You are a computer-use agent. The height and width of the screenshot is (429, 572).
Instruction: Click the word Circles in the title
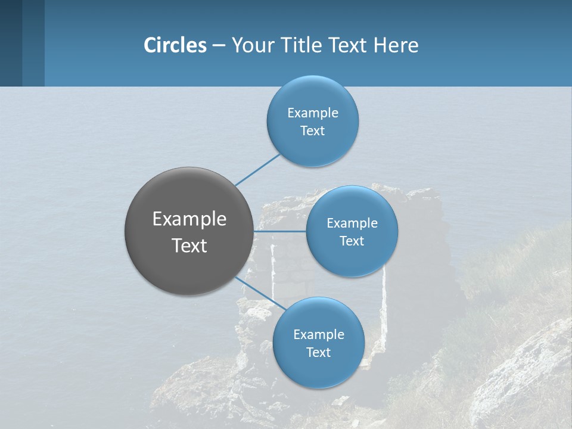pos(175,45)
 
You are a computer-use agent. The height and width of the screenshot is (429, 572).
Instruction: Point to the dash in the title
pos(219,46)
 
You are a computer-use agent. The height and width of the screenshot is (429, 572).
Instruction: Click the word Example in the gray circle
pos(189,219)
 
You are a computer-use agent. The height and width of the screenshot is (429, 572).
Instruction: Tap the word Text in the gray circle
pos(189,245)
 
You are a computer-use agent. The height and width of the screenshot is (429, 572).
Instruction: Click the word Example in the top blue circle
pos(313,113)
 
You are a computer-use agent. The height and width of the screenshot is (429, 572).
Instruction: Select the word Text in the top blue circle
pos(313,131)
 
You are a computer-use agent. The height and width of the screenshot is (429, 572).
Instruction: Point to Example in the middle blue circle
pos(352,223)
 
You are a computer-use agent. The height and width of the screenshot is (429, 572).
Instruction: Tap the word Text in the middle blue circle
pos(352,241)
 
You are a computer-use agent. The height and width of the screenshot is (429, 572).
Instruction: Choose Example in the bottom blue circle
pos(319,335)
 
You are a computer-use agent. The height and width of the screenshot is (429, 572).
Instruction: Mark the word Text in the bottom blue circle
pos(319,353)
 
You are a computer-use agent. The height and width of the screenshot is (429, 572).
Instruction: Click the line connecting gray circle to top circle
pos(257,170)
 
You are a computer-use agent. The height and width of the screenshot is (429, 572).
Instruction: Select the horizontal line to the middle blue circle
pos(280,231)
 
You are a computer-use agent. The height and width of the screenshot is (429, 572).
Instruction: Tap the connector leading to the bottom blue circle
pos(262,293)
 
